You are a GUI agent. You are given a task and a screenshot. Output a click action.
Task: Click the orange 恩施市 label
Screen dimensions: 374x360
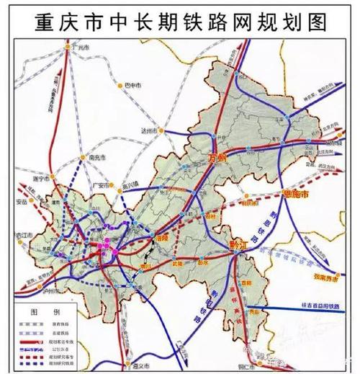pos(297,195)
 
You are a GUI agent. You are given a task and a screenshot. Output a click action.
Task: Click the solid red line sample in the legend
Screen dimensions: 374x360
pos(31,341)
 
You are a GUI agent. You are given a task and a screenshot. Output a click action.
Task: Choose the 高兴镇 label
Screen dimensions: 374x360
pos(131,184)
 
